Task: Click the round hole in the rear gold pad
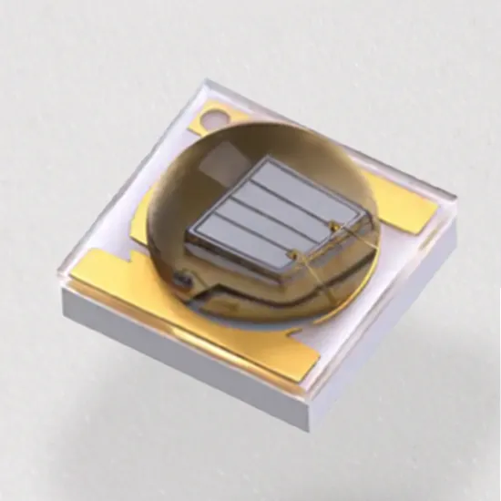click(x=215, y=117)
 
